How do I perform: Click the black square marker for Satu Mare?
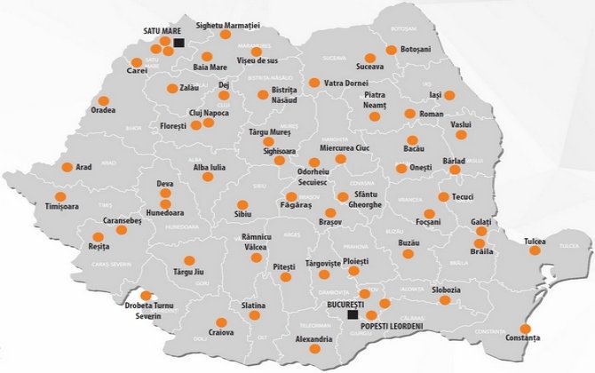(178, 42)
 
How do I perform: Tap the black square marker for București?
(353, 314)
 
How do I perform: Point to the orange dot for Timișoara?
(60, 196)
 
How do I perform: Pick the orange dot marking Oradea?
(103, 100)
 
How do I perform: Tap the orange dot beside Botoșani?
(392, 50)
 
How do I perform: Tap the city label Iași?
(434, 94)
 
